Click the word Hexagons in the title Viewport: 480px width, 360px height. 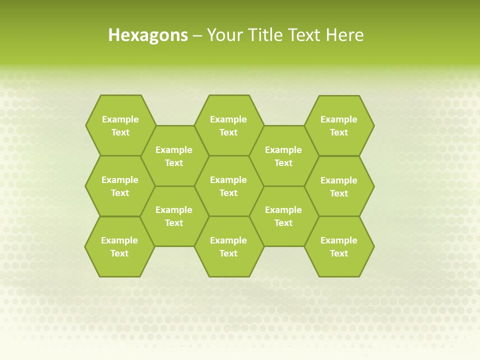tap(148, 35)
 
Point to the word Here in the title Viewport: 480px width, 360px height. tap(344, 35)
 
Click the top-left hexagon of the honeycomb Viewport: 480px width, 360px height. tap(120, 125)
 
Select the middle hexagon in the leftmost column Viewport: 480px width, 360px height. tap(120, 186)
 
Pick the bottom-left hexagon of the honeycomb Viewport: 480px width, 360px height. tap(119, 246)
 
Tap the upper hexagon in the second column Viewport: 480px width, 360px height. tap(174, 156)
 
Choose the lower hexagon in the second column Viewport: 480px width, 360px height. tap(174, 216)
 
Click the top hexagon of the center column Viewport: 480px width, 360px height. tap(228, 125)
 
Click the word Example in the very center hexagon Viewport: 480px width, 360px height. tap(228, 180)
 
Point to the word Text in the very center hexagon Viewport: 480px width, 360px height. tap(228, 193)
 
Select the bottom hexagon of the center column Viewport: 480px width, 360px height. tap(228, 246)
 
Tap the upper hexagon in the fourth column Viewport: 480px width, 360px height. tap(283, 156)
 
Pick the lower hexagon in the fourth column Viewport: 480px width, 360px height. tap(283, 216)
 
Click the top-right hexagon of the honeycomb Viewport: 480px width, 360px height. tap(339, 125)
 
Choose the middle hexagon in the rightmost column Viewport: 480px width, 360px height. tap(339, 186)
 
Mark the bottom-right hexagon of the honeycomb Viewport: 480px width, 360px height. tap(339, 246)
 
